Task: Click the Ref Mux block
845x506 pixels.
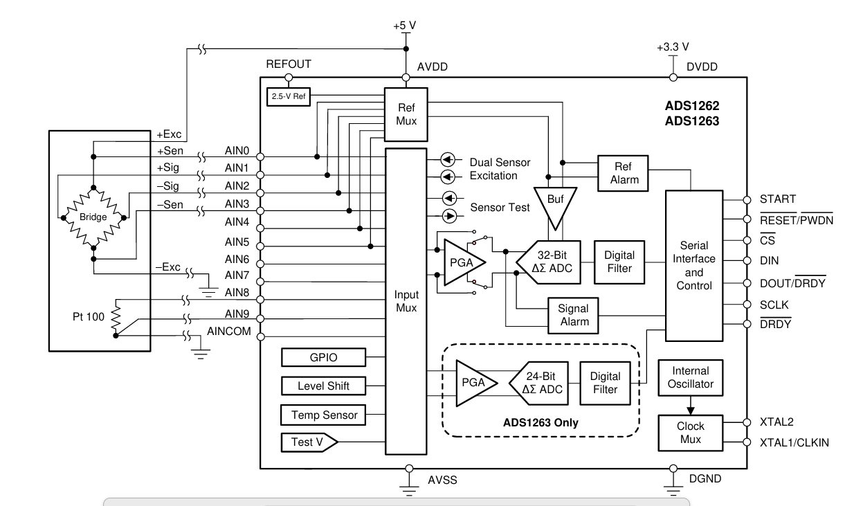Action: [406, 115]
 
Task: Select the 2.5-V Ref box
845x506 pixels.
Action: [289, 97]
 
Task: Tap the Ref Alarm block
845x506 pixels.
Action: [623, 173]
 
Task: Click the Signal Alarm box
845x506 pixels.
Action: [574, 316]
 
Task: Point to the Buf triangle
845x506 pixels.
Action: [555, 206]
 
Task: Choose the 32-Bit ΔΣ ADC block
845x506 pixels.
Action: [549, 262]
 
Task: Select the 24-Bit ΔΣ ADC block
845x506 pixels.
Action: [539, 383]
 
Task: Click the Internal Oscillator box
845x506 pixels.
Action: [691, 378]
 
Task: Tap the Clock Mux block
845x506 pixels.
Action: [691, 433]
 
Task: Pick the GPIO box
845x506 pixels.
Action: [324, 357]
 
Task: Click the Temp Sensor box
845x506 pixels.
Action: [324, 415]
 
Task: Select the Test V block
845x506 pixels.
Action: [309, 442]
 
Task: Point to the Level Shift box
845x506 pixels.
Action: [324, 386]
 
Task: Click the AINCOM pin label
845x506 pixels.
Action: [229, 331]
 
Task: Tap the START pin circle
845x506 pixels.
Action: [747, 200]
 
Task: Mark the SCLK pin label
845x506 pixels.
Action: [774, 305]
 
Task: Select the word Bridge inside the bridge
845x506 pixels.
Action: [93, 217]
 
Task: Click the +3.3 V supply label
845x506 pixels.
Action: [673, 47]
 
